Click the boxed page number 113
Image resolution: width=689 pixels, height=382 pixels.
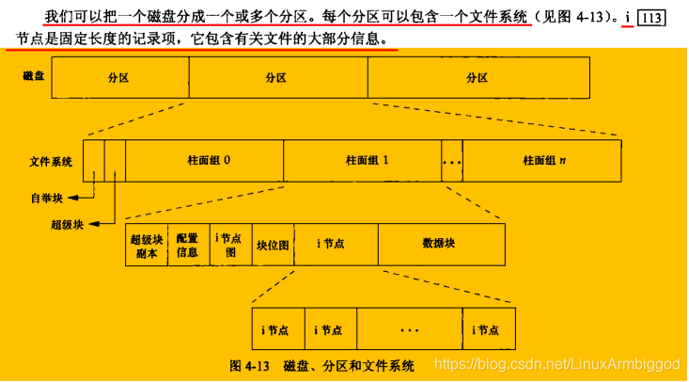click(650, 19)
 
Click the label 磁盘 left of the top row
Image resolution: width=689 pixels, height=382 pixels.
click(33, 75)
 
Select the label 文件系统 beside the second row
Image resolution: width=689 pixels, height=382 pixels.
click(50, 161)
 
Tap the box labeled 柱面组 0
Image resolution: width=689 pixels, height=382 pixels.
click(203, 160)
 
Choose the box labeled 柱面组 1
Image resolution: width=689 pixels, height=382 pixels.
click(361, 160)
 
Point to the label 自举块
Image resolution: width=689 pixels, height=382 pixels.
click(43, 199)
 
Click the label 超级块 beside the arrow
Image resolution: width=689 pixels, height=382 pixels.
click(68, 226)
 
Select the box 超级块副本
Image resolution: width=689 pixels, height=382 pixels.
click(147, 245)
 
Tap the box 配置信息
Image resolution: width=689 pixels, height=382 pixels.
click(188, 245)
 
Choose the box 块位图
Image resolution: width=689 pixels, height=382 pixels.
click(274, 245)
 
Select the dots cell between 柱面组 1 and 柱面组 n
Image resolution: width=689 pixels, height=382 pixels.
click(451, 160)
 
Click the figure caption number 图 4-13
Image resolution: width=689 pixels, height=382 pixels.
click(251, 365)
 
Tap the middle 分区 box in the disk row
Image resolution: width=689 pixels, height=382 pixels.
click(277, 77)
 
